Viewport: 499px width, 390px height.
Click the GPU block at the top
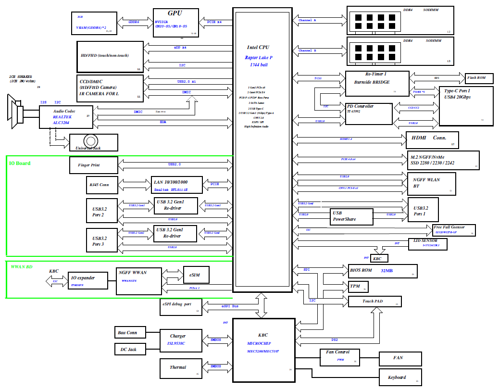pos(175,22)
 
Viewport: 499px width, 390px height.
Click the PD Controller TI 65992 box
pos(369,113)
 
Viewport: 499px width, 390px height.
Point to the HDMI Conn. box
pos(432,140)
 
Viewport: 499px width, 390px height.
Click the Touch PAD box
pos(374,302)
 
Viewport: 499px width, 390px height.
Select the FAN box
pos(400,358)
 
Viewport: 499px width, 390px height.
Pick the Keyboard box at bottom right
pos(400,377)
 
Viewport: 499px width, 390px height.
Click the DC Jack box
pos(129,349)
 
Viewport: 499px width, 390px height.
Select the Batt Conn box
pos(129,332)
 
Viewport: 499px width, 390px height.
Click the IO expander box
pos(87,280)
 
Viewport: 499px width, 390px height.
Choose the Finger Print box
pos(93,165)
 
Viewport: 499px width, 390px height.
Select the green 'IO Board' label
pos(20,164)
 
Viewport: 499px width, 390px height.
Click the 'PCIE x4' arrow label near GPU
pos(214,22)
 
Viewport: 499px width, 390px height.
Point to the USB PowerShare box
pos(351,216)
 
